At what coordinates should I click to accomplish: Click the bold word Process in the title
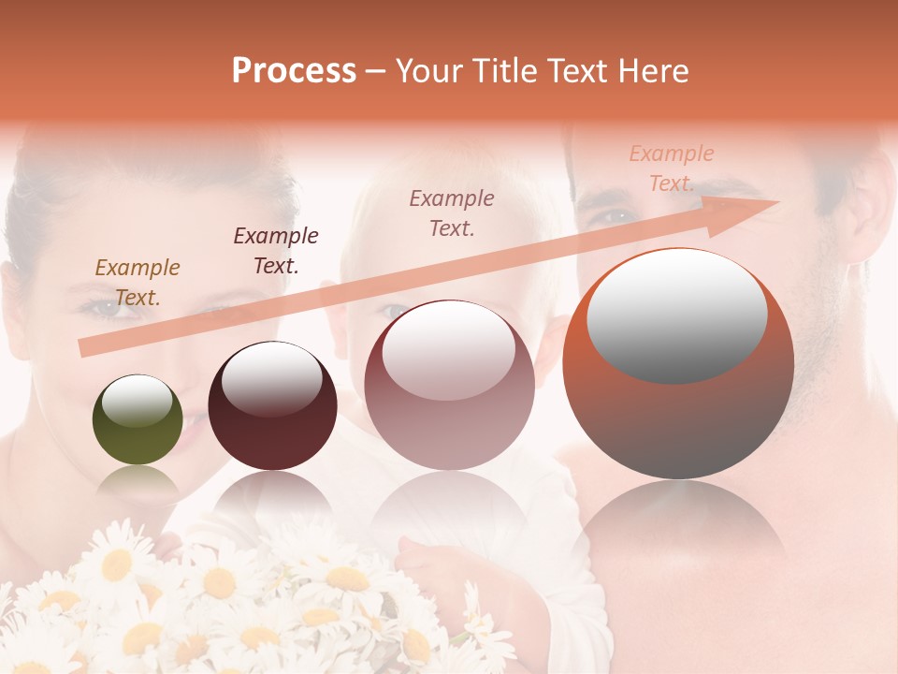294,71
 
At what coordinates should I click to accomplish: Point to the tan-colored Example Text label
138,283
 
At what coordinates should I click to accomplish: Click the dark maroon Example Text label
276,251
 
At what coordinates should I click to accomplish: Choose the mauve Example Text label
452,212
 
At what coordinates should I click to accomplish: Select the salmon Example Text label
672,168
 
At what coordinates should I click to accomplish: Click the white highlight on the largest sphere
677,315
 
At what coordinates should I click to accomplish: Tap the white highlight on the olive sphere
138,402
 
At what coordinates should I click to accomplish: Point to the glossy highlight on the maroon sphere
271,378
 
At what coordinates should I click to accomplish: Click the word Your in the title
427,71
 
